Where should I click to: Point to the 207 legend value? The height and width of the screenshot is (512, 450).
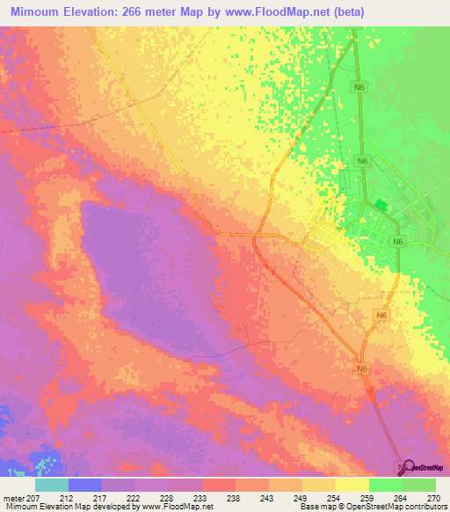[34, 498]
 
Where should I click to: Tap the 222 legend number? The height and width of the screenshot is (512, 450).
[135, 498]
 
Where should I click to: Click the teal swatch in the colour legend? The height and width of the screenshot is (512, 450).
[51, 485]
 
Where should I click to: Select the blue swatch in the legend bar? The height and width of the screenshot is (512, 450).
[84, 485]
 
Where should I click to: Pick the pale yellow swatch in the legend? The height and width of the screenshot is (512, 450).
[352, 485]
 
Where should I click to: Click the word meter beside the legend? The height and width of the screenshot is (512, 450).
[11, 498]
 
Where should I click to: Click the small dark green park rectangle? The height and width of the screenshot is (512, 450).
[380, 205]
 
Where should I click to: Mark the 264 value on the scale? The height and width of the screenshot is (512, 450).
[402, 498]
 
